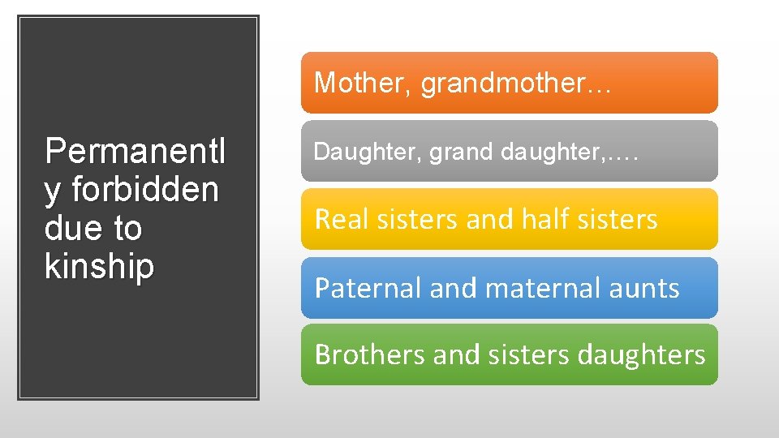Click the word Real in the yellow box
[336, 219]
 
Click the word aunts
[647, 288]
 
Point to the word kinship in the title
[100, 267]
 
